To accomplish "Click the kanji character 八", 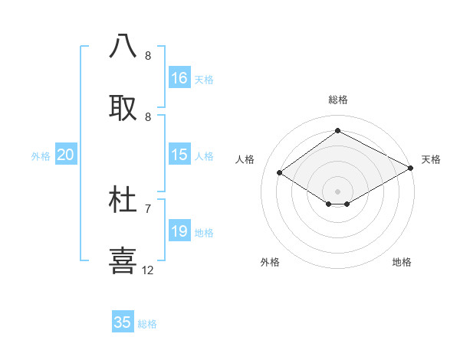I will pyautogui.click(x=123, y=46).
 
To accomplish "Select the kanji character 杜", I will pyautogui.click(x=123, y=199).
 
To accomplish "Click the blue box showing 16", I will pyautogui.click(x=179, y=78).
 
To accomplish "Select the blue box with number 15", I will pyautogui.click(x=179, y=155).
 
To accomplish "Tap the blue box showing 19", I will pyautogui.click(x=179, y=231).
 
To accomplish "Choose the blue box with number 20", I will pyautogui.click(x=66, y=155).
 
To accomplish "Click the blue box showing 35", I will pyautogui.click(x=123, y=322).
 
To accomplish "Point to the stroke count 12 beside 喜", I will pyautogui.click(x=148, y=270).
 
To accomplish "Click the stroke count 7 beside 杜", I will pyautogui.click(x=148, y=208).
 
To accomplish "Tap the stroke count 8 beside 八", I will pyautogui.click(x=148, y=56).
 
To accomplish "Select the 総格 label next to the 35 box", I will pyautogui.click(x=147, y=324).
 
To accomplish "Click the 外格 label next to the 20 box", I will pyautogui.click(x=41, y=156).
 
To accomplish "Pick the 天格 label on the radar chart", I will pyautogui.click(x=431, y=159).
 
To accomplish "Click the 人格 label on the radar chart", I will pyautogui.click(x=245, y=159).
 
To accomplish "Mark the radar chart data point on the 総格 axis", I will pyautogui.click(x=337, y=131).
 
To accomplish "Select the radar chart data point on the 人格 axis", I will pyautogui.click(x=280, y=172).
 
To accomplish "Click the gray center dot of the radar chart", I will pyautogui.click(x=337, y=191).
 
